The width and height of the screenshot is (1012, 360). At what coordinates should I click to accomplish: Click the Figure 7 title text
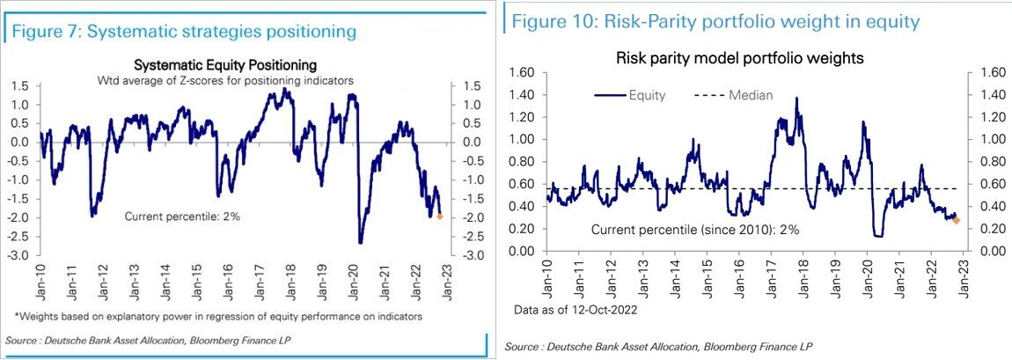[184, 33]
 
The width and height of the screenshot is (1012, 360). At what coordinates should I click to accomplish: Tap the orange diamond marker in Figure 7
[440, 216]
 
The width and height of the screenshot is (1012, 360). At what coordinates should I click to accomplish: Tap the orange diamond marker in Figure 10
[957, 220]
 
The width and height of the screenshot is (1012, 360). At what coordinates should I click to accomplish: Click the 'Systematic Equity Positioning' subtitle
[224, 65]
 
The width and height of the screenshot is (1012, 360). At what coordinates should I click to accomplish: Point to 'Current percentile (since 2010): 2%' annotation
[695, 230]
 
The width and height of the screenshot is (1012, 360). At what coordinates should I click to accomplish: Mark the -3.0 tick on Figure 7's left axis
[20, 254]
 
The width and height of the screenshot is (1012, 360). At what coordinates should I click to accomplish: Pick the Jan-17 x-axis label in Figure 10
[771, 276]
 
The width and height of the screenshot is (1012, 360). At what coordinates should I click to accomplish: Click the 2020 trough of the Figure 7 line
[361, 242]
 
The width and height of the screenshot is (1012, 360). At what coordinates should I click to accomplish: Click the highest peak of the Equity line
[796, 98]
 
